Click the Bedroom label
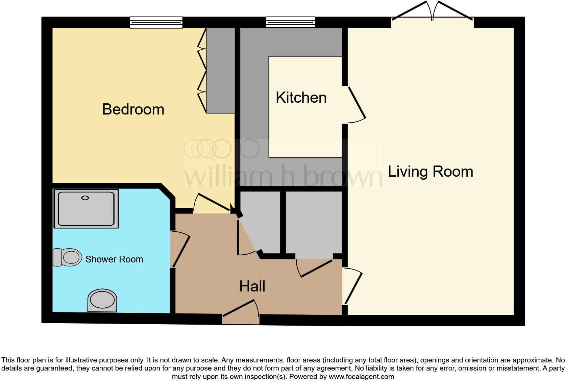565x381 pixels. tap(133, 109)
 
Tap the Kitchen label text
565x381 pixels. tap(301, 98)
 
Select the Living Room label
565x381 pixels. tap(430, 172)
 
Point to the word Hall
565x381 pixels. tap(252, 286)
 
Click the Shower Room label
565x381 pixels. tap(114, 259)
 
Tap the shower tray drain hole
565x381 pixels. tap(85, 198)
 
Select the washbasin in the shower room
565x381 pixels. tap(102, 300)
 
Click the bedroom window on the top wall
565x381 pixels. tap(156, 22)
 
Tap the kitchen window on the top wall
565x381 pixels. tap(290, 22)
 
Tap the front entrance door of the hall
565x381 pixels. tap(241, 309)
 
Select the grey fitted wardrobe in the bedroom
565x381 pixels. tap(220, 70)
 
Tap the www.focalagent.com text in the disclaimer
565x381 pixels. tap(361, 376)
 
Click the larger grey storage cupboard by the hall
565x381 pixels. tap(314, 222)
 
